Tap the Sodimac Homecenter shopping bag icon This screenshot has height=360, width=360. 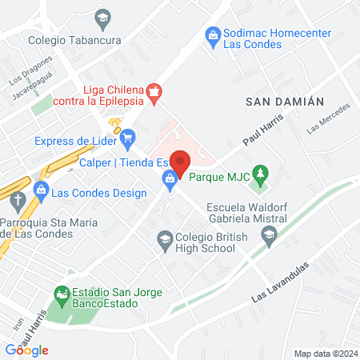tap(213, 34)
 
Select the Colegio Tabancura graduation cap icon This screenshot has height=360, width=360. tap(102, 17)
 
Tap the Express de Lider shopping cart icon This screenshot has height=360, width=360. tap(127, 142)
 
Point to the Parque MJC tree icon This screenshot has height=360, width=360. tap(259, 173)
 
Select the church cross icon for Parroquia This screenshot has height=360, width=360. tap(16, 201)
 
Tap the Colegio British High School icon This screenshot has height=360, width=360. tap(164, 239)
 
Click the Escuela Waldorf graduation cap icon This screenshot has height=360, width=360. tap(269, 234)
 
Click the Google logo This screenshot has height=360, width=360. tap(26, 350)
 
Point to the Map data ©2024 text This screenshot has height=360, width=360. tap(324, 353)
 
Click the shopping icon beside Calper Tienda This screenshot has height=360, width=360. tap(170, 182)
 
